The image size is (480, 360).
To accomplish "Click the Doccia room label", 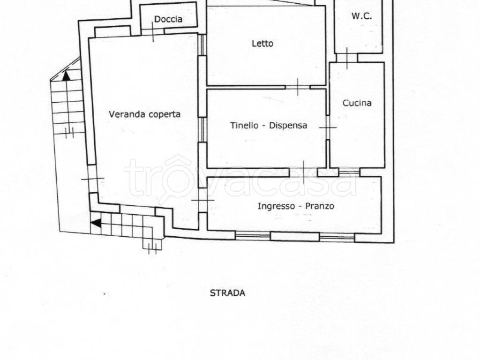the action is [168, 19].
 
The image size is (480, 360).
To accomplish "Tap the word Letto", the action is [262, 44].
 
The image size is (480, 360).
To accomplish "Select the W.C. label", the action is [361, 16].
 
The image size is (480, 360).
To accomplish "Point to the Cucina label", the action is [357, 103].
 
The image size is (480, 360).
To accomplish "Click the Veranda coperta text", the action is [144, 114].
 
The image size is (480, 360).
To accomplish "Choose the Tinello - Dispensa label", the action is [269, 125].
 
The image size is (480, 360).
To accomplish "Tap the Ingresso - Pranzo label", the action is [296, 206].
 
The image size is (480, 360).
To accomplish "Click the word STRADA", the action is [227, 293].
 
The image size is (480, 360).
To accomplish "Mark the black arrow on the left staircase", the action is [66, 75].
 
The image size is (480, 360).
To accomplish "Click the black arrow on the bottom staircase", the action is [96, 223].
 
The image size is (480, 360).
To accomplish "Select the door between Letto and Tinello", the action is [298, 87].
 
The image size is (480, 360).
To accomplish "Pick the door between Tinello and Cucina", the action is [328, 127].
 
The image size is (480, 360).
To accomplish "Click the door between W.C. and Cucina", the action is [347, 58].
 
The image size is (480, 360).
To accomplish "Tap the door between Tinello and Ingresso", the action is [303, 172].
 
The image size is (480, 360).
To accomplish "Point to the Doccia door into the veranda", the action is [153, 31].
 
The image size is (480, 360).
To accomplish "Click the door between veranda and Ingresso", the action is [202, 200].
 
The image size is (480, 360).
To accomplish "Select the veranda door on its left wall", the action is [92, 179].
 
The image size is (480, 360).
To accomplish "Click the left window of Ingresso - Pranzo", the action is [253, 236].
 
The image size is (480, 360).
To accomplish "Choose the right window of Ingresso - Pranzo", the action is [337, 237].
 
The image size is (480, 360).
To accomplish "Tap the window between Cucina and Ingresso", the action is [349, 172].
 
